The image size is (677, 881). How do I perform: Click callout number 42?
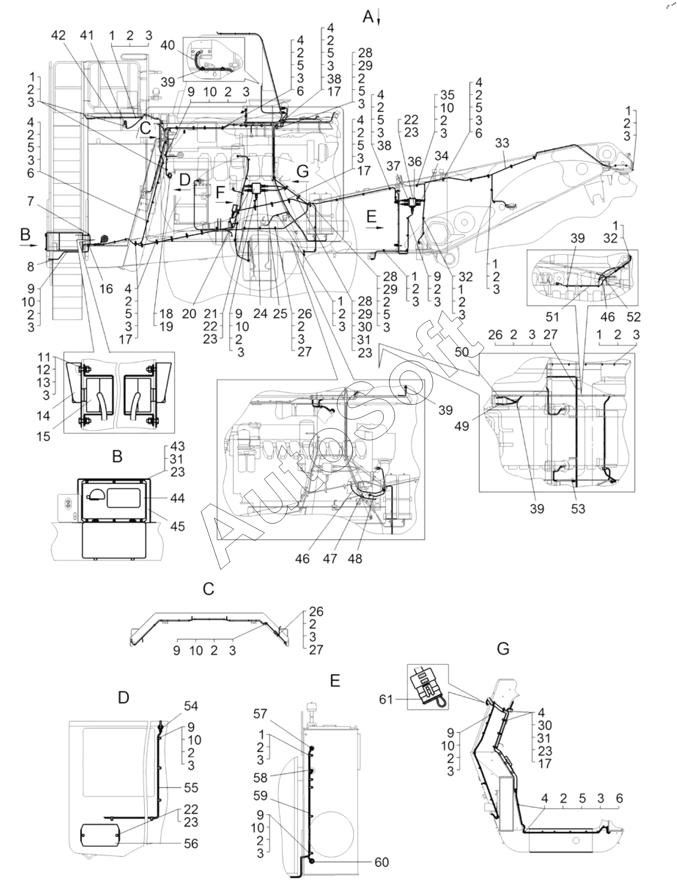tap(58, 36)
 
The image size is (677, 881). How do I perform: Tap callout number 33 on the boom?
tap(503, 143)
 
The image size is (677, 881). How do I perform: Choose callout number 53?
tap(578, 509)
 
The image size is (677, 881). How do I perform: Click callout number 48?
tap(355, 558)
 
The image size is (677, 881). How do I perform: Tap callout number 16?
tap(106, 289)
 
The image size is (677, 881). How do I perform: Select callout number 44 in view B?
tap(178, 498)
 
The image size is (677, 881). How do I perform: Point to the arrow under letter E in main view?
tap(375, 227)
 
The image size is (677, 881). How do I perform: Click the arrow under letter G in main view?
tap(301, 181)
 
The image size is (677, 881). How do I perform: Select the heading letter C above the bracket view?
tap(208, 588)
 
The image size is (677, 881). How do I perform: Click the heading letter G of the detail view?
tap(503, 648)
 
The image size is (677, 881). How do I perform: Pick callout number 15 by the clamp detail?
tap(44, 436)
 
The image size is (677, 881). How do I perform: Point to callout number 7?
tap(31, 201)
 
